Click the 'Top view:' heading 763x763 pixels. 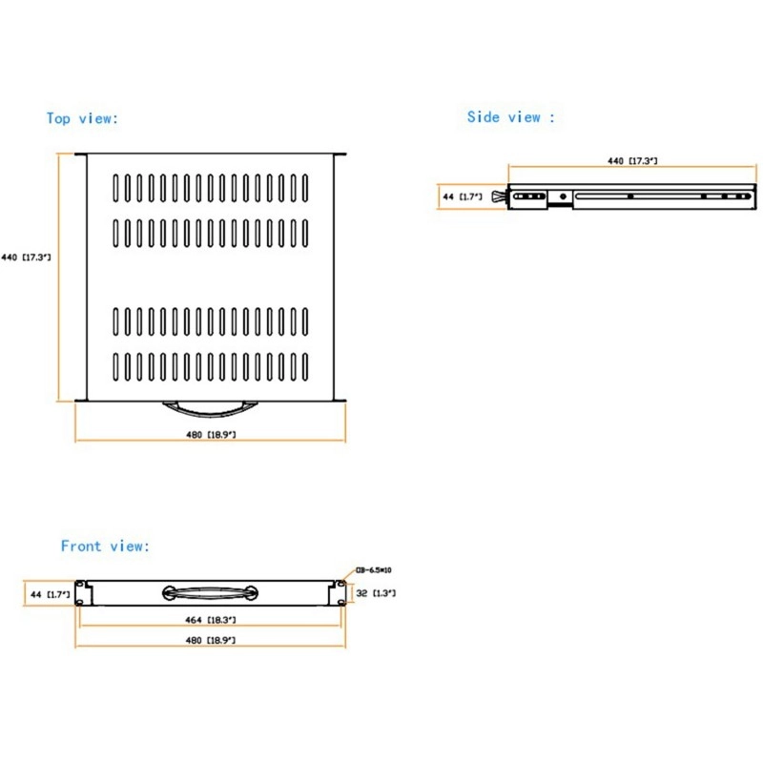tap(82, 118)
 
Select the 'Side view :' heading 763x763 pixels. tap(510, 117)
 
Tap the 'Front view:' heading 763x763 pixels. tap(105, 546)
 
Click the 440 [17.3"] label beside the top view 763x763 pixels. tap(26, 258)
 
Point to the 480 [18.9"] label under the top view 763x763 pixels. tap(211, 435)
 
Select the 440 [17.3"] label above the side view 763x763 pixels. tap(632, 162)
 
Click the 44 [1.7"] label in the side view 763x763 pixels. tap(462, 196)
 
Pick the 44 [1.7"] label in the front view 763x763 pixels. tap(50, 593)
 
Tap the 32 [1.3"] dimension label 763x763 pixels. tap(375, 593)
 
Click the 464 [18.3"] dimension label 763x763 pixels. tap(211, 620)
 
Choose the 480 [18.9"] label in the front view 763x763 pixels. tap(211, 641)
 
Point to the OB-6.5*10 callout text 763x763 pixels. tap(373, 570)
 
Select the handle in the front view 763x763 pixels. tap(210, 592)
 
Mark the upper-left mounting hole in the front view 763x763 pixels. tap(82, 585)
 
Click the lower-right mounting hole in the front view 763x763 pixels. tap(340, 601)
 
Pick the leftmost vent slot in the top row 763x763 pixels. tap(116, 187)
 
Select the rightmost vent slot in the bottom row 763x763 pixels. tap(305, 368)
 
